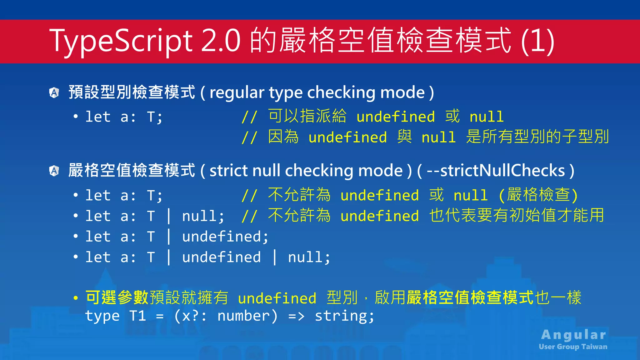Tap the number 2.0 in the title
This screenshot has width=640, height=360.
coord(221,41)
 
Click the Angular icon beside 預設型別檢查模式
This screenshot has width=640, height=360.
coord(54,92)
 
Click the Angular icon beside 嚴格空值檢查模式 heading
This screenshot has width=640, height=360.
coord(54,171)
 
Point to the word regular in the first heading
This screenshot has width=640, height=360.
coord(237,92)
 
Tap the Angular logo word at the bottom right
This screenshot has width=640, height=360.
coord(574,335)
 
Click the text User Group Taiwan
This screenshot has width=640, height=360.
coord(573,347)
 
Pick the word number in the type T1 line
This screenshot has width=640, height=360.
coord(243,316)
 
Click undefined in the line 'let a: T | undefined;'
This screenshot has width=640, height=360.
coord(221,237)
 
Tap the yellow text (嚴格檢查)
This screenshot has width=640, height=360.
coord(538,195)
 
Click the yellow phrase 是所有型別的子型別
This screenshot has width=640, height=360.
coord(537,137)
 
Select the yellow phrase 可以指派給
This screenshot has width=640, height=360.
coord(307,116)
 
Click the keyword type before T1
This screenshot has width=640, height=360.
coord(102,316)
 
